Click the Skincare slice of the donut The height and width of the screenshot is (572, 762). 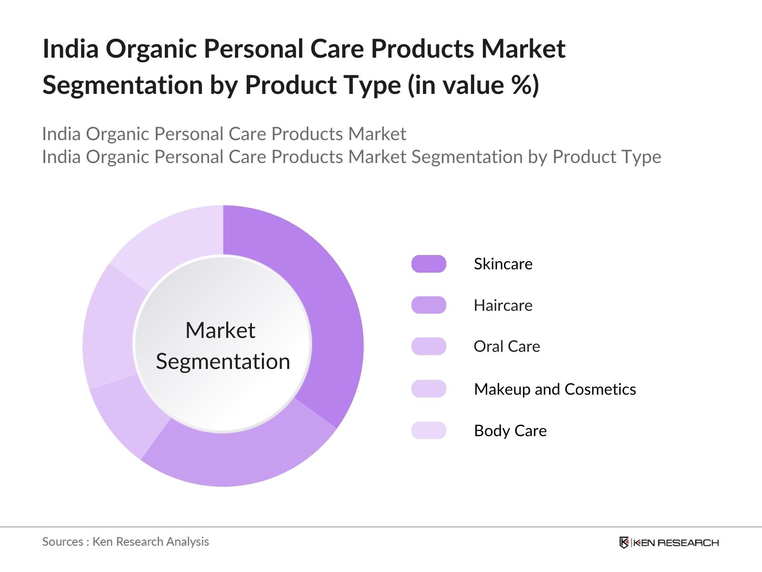coord(329,305)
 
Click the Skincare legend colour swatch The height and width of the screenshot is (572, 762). coord(429,264)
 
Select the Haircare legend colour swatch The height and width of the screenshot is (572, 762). coord(429,305)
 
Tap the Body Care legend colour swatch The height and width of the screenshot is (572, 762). coord(429,430)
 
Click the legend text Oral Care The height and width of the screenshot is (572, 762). coord(507,347)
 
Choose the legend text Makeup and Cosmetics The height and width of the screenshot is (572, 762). coord(555,389)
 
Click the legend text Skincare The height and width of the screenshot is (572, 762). coord(503,264)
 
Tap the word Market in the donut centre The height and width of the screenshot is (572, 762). coord(220,330)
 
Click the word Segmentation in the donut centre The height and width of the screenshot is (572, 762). coord(223,361)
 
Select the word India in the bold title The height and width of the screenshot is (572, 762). coord(70,49)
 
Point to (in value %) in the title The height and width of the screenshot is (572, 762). coord(473,85)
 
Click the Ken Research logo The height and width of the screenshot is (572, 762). coord(669,542)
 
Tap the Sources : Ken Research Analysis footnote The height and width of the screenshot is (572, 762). coord(125,541)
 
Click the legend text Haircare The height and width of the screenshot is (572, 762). coord(503,305)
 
